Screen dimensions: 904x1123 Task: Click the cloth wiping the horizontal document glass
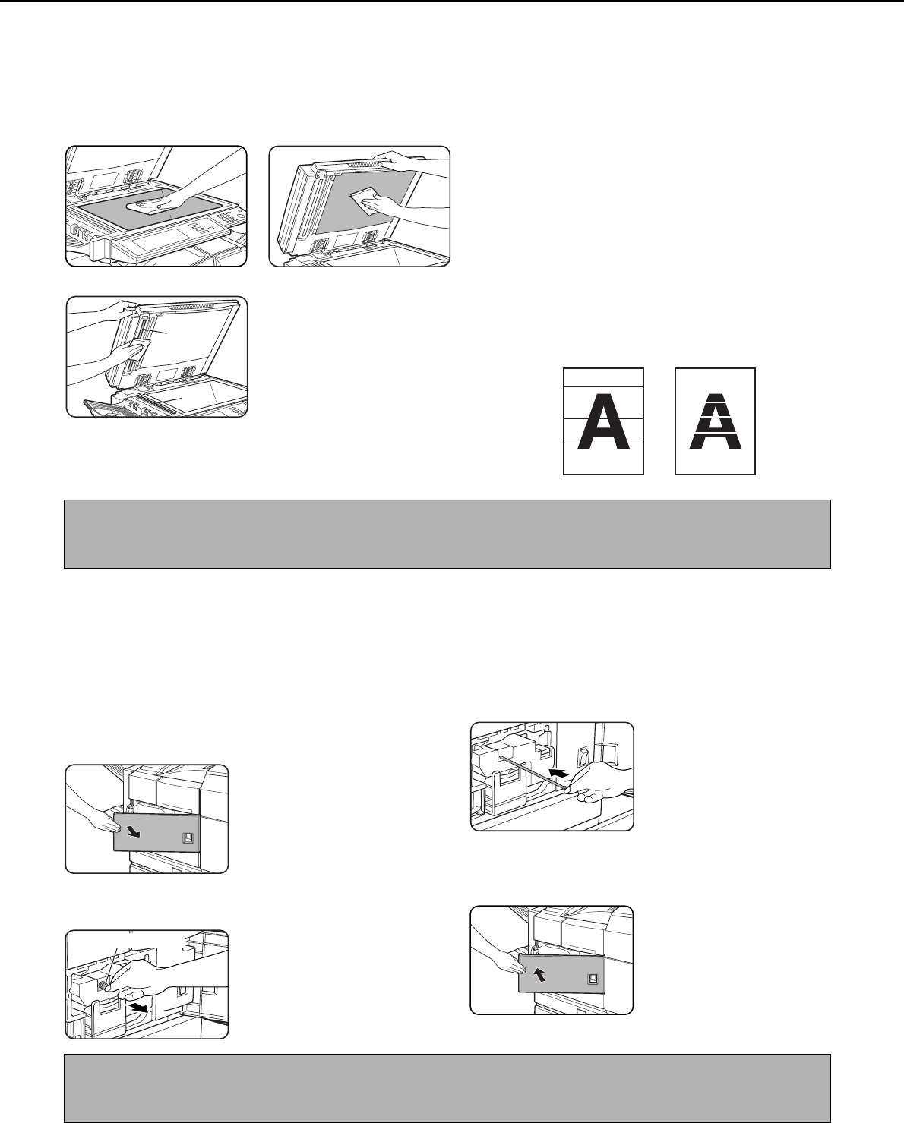(149, 205)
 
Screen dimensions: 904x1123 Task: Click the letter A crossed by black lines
(603, 421)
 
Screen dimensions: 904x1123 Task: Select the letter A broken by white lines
(715, 421)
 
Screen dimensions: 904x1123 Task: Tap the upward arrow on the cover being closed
(540, 973)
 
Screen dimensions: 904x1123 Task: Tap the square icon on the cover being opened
(188, 838)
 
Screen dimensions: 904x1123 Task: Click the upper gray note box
(447, 534)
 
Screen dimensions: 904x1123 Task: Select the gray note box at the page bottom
(447, 1087)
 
